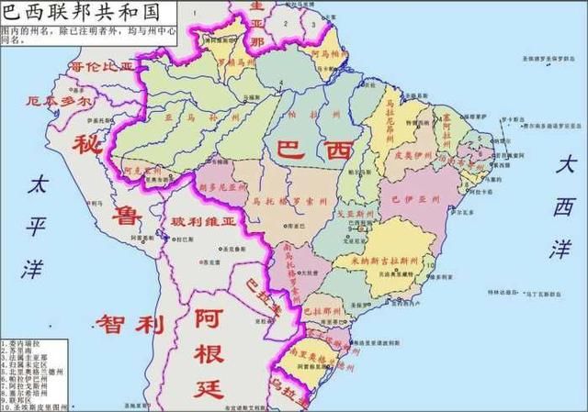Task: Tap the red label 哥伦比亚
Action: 101,67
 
